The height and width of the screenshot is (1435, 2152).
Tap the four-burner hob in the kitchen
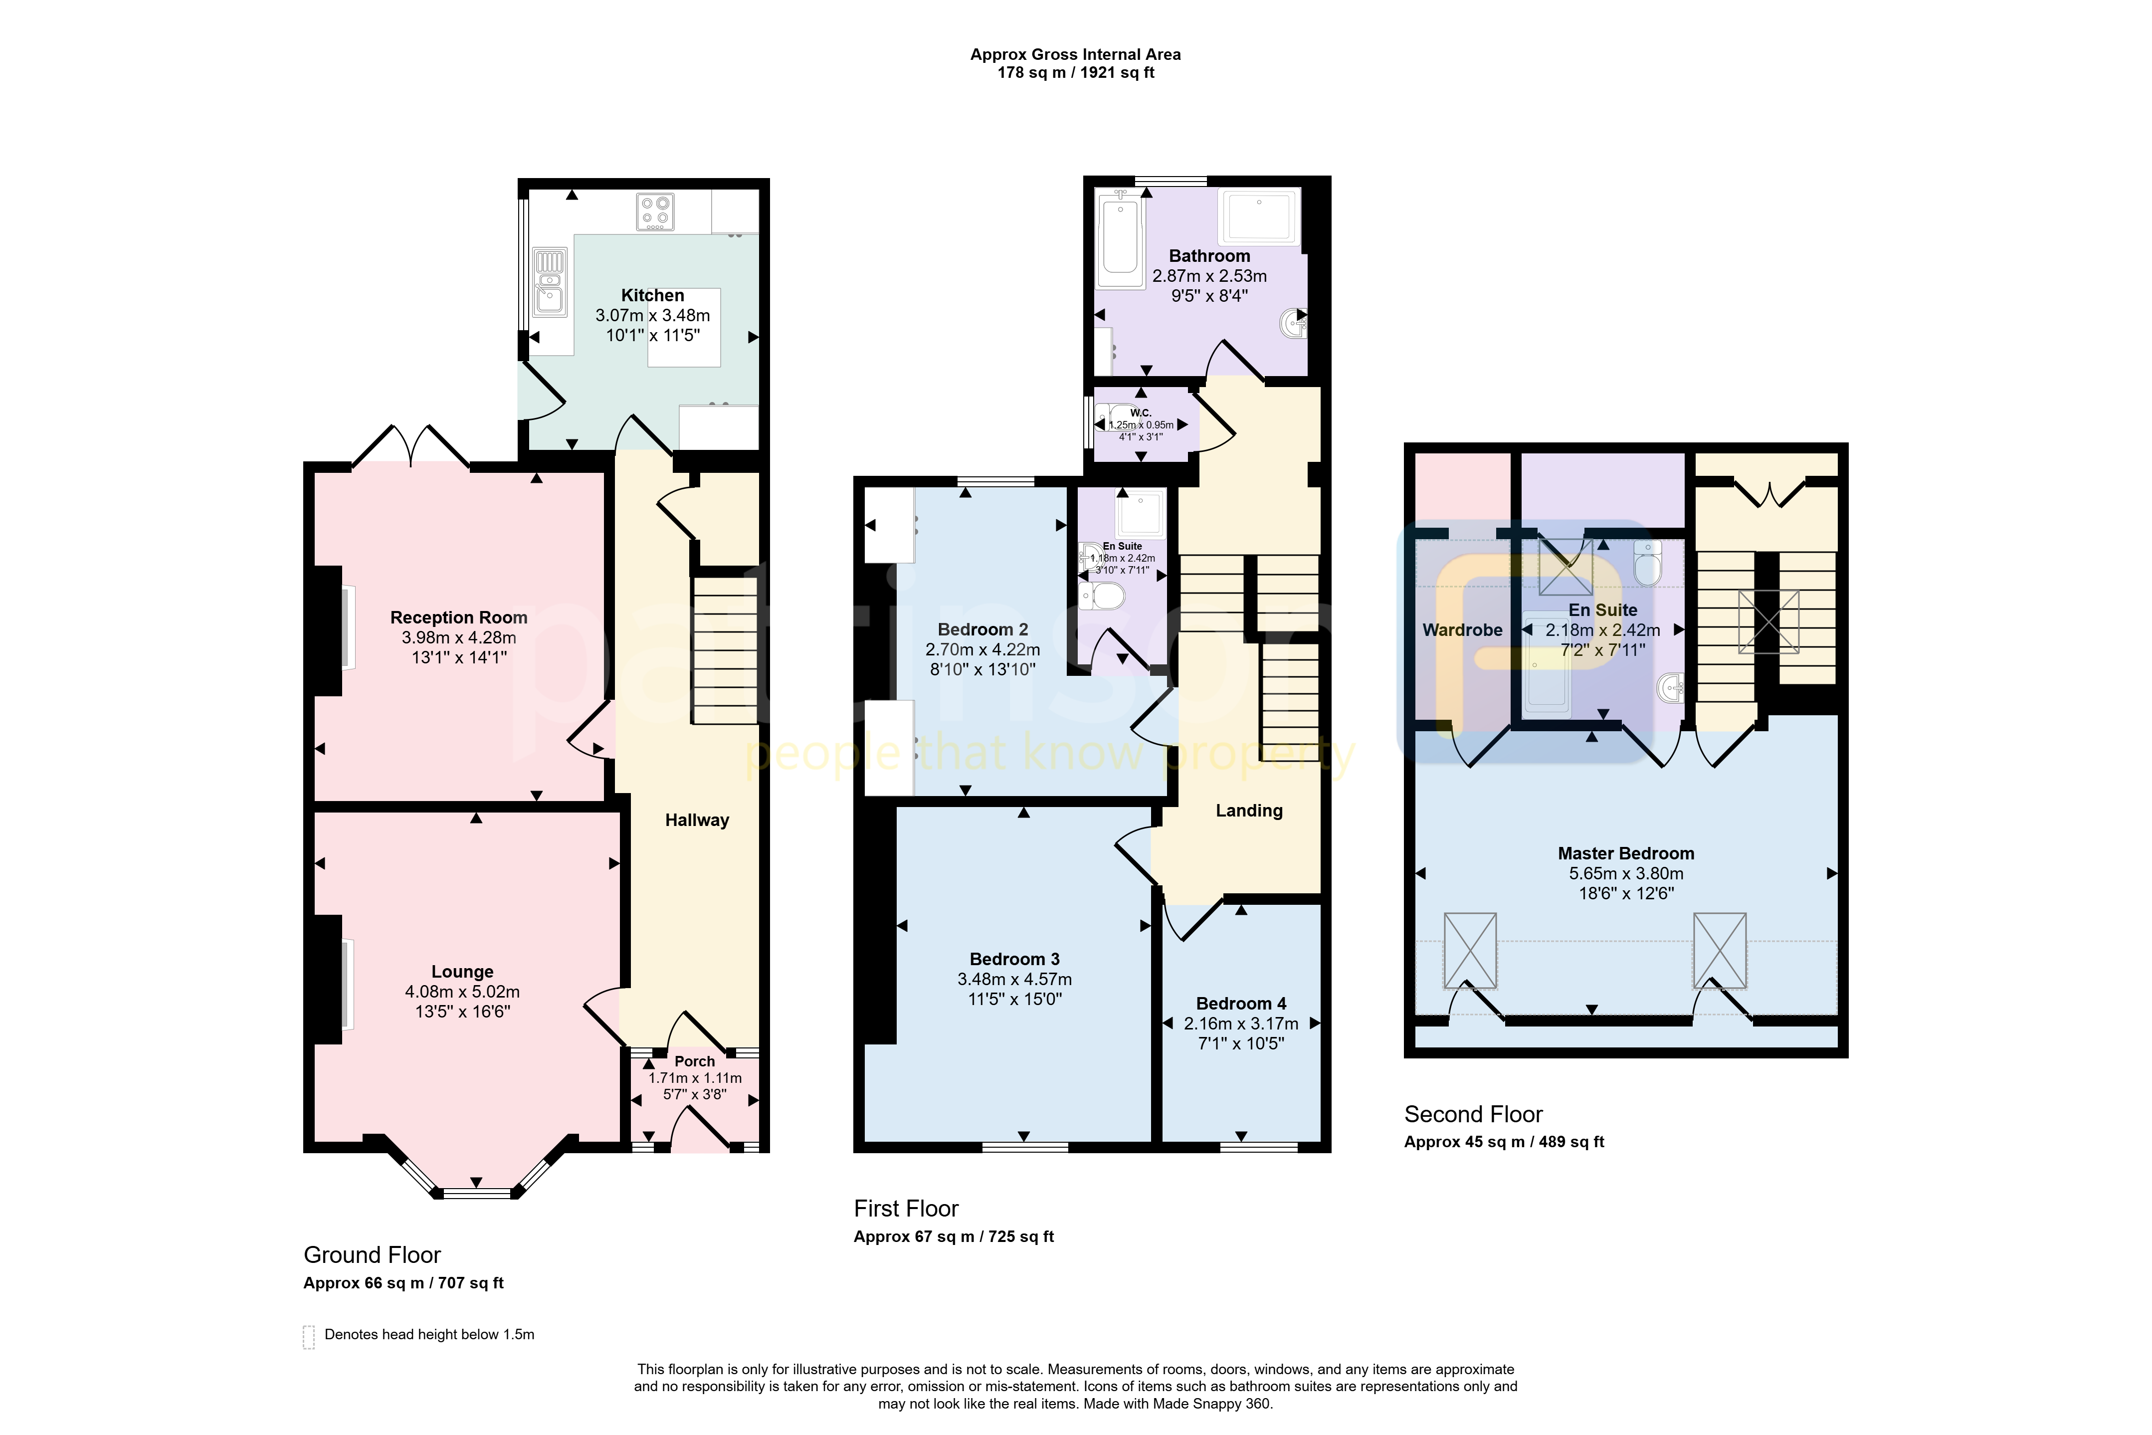coord(656,211)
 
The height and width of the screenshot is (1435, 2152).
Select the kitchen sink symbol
coord(550,282)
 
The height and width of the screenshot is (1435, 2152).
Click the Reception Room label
coord(458,618)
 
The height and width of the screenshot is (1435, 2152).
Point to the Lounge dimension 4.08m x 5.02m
coord(462,991)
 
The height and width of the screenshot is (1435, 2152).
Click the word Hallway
coord(697,820)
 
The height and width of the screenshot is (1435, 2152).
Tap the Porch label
coord(694,1061)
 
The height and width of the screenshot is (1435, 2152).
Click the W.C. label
coord(1140,413)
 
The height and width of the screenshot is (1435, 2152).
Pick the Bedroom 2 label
coord(982,629)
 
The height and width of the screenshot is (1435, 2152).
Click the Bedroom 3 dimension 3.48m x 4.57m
coord(1015,979)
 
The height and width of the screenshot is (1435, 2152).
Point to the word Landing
coord(1249,811)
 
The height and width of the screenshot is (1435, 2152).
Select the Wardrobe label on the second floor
coord(1462,629)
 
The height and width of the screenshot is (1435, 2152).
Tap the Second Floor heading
coord(1473,1114)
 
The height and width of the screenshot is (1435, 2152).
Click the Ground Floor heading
coord(373,1255)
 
